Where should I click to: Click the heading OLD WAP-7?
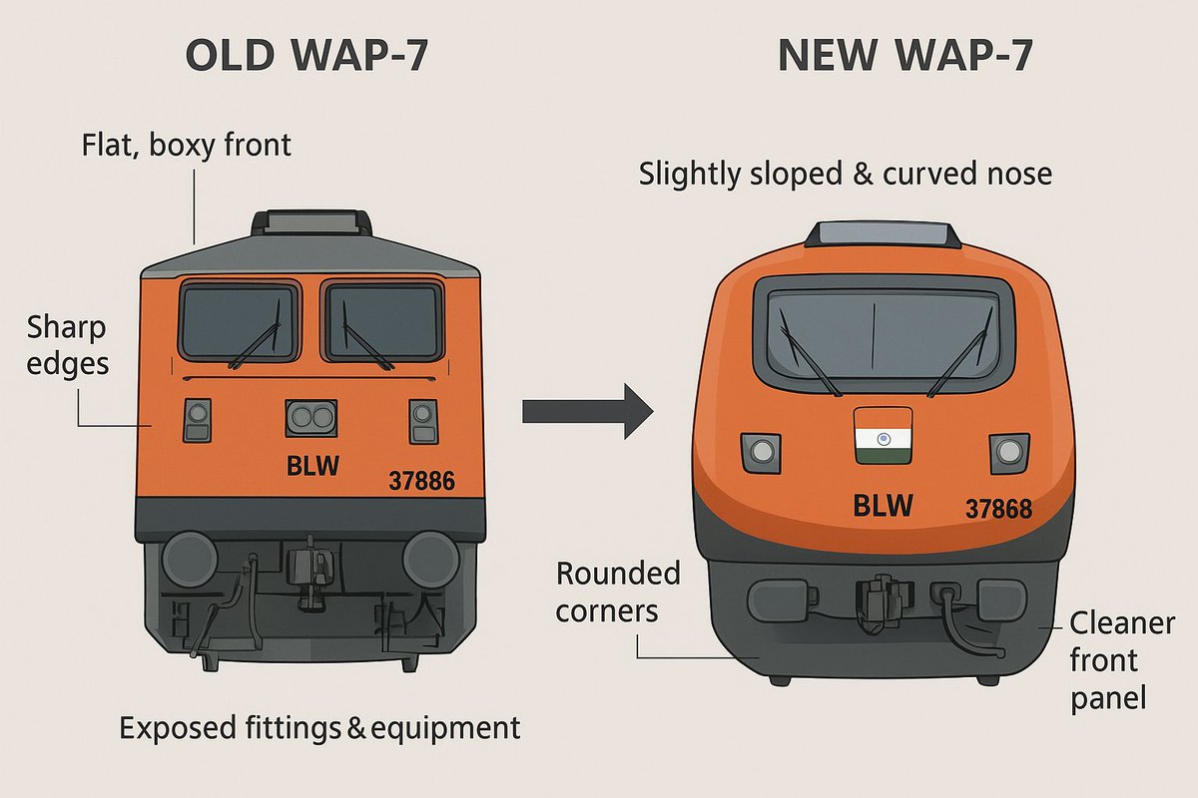point(307,57)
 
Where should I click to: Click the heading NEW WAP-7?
point(905,57)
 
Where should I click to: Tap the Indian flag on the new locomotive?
point(883,435)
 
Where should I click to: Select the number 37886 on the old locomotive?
point(421,482)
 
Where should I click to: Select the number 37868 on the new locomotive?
point(998,510)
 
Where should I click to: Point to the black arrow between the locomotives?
point(587,410)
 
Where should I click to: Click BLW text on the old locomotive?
point(312,466)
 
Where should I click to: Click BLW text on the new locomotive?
point(884,506)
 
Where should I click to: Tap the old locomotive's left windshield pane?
point(240,321)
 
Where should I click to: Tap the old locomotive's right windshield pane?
point(383,321)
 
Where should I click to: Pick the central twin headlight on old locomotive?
point(312,419)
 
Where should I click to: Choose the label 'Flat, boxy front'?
point(186,146)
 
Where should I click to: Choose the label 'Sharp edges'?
point(67,345)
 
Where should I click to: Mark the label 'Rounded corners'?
point(618,592)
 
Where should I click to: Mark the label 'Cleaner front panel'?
point(1108,660)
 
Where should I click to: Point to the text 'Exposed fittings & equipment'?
point(319,727)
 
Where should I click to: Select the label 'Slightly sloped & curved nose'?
point(846,175)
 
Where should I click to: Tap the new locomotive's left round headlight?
point(761,451)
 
